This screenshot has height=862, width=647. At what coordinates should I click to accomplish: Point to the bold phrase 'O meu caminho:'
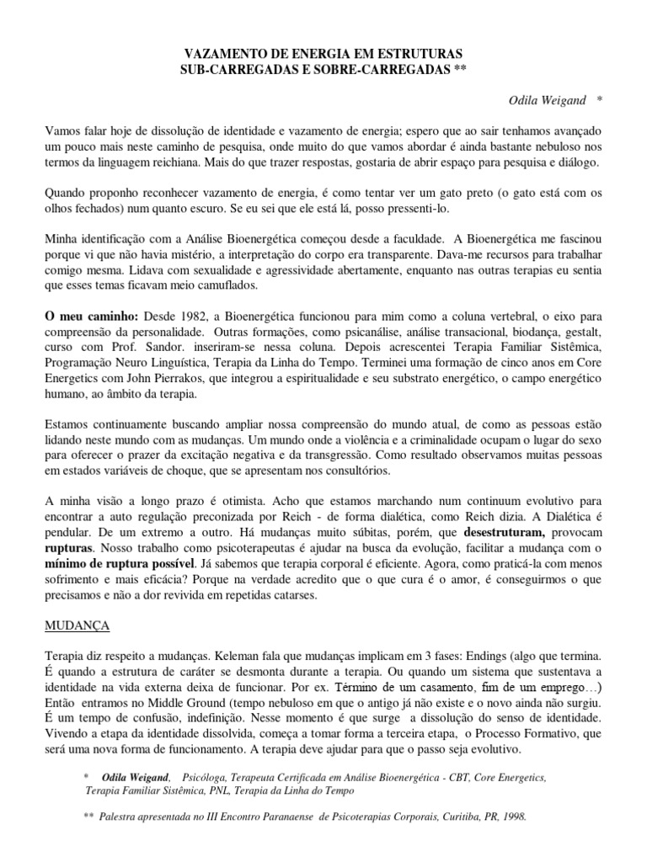(90, 317)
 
